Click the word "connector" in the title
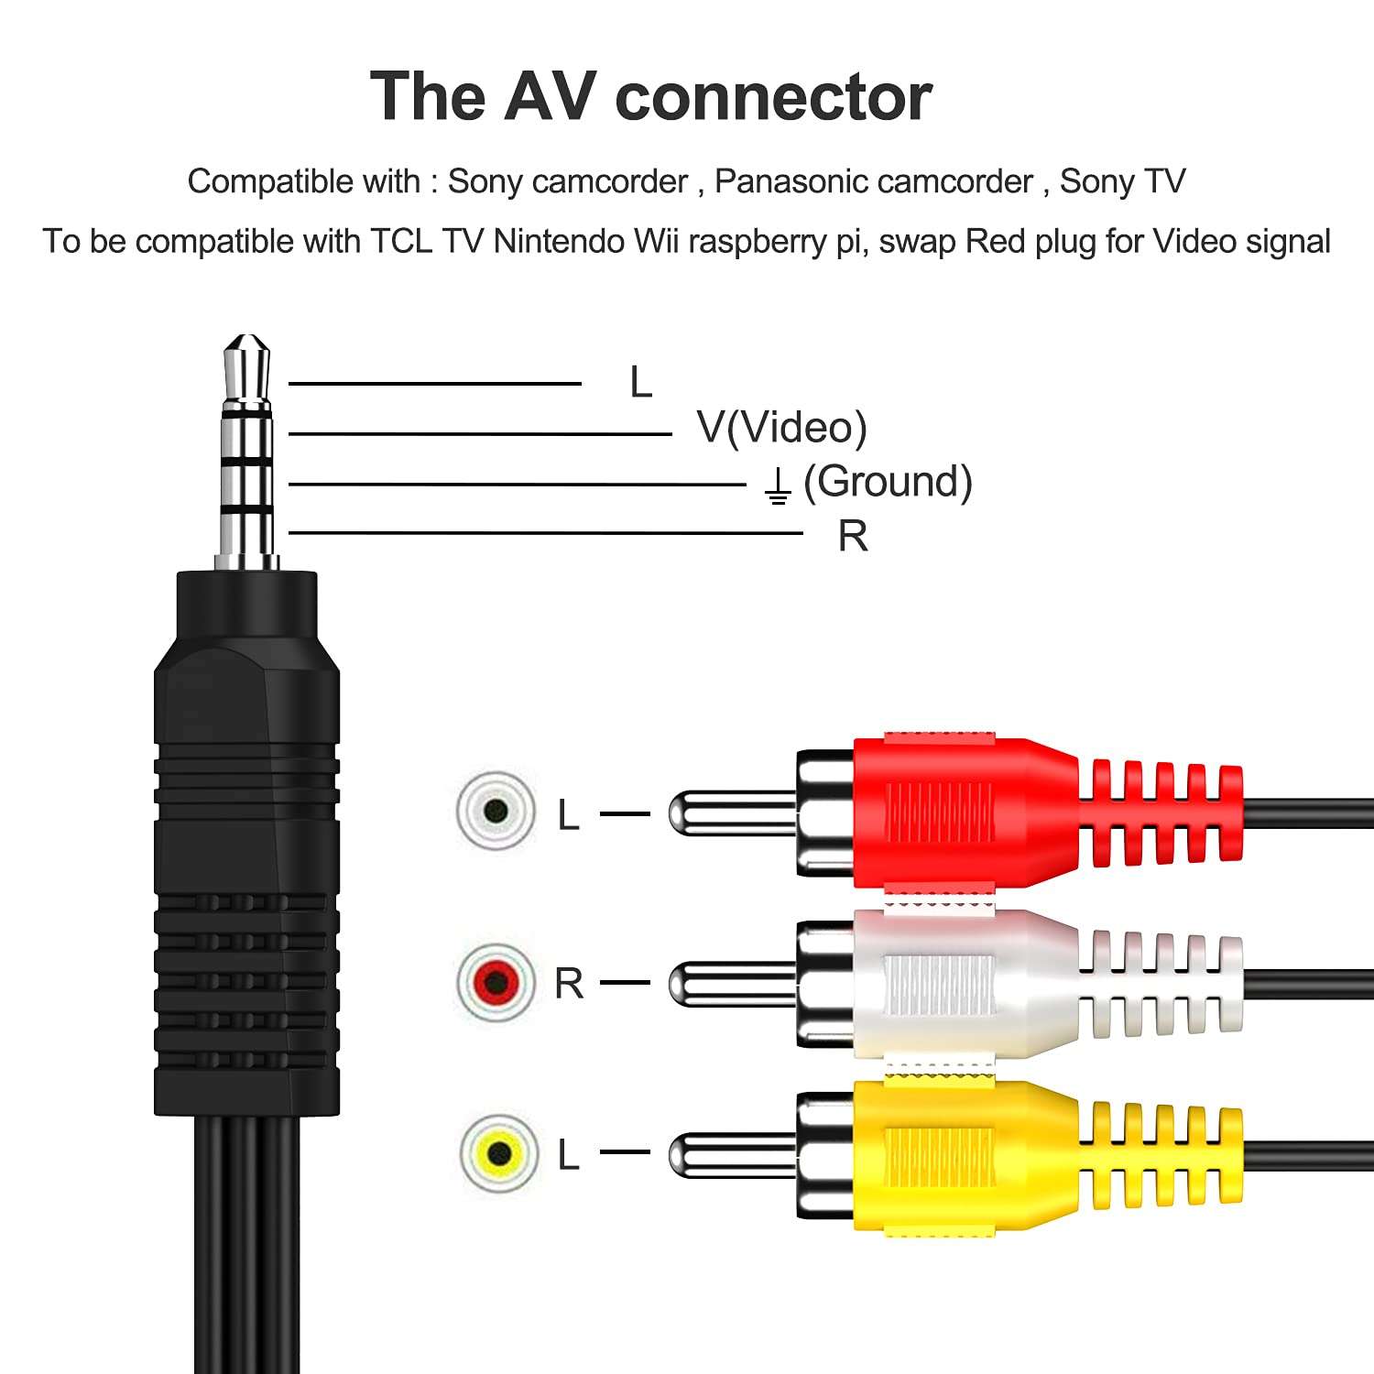774,97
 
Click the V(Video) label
781,427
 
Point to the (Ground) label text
887,482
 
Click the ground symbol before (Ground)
777,485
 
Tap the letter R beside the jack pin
852,536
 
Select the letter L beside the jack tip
640,382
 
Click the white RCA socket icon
496,811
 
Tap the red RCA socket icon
496,983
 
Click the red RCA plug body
962,811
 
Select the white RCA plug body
962,983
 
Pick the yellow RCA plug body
962,1154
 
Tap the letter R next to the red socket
569,984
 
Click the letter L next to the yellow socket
569,1154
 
